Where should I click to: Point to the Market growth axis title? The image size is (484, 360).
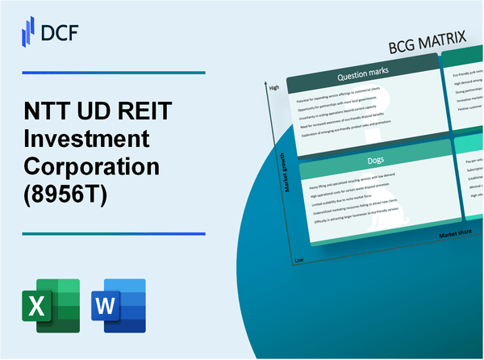coord(282,177)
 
